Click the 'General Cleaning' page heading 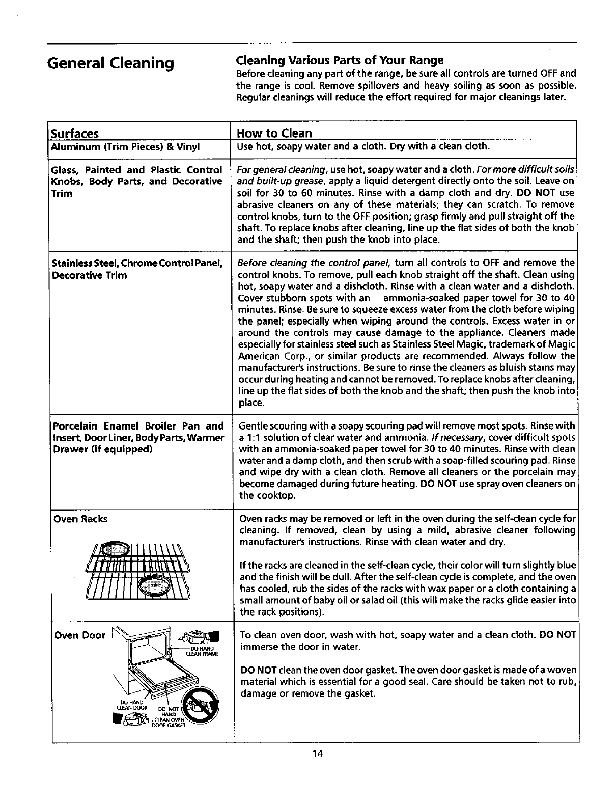[x=110, y=63]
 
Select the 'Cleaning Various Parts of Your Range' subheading [x=340, y=60]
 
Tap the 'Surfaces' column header [x=74, y=133]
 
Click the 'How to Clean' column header [x=274, y=133]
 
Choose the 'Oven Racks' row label [x=80, y=519]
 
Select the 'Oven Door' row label [x=79, y=635]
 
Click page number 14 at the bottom [x=317, y=754]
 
